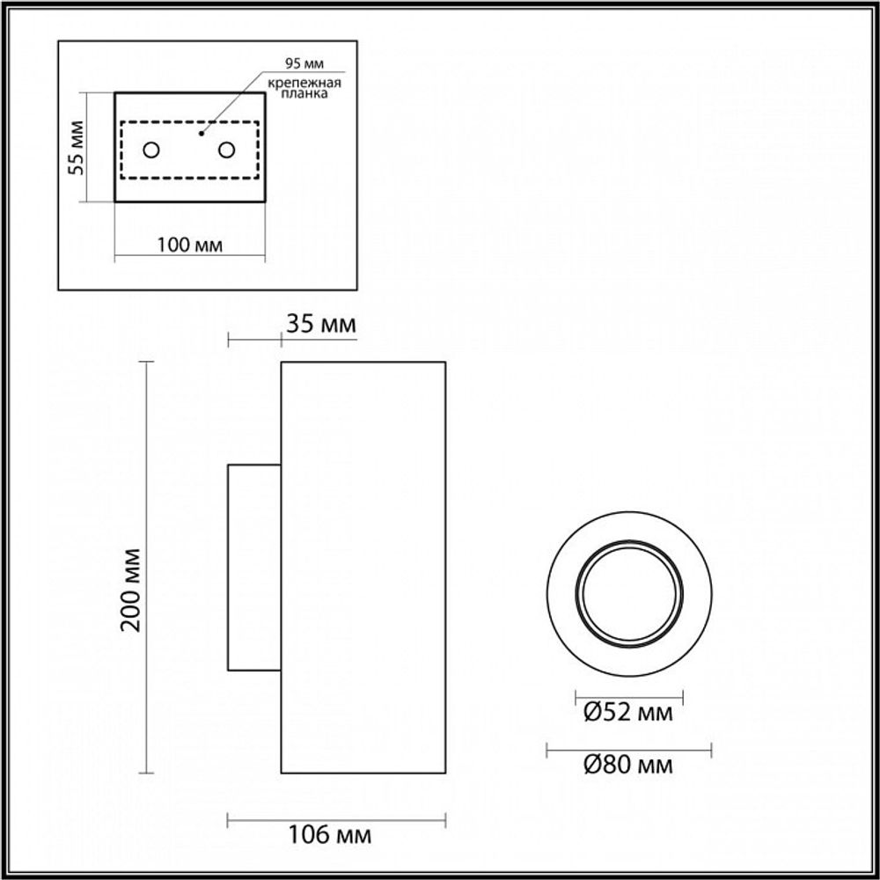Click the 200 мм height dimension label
coord(132,590)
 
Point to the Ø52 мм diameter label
coord(628,713)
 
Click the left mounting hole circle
coord(151,150)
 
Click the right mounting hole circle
coord(226,150)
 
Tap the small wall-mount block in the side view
coord(254,568)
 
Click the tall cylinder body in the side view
coord(363,568)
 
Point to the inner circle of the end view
coord(628,595)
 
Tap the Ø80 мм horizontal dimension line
coord(628,750)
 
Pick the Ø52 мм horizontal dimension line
coord(628,696)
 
